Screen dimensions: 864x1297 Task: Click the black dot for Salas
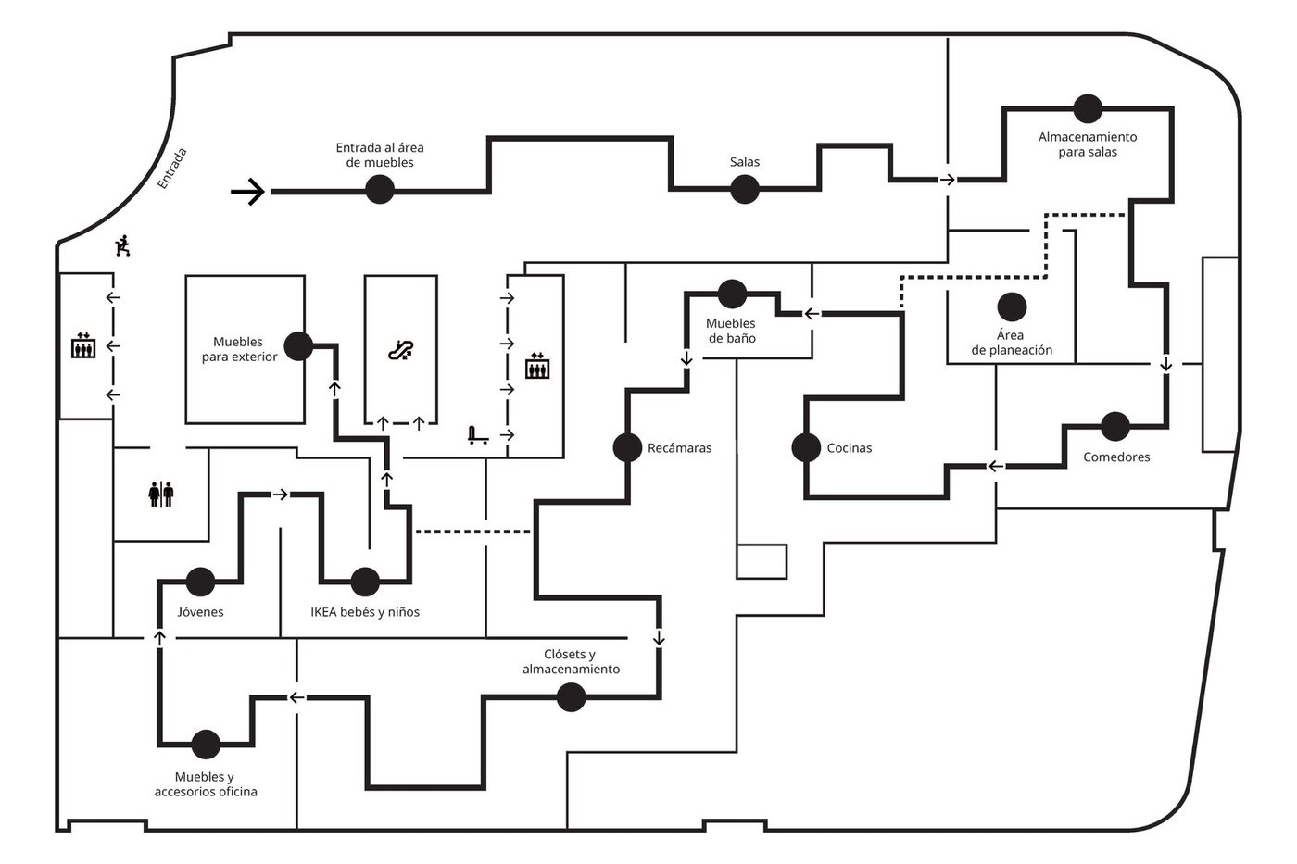[x=745, y=190]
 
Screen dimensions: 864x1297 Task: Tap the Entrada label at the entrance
[x=172, y=169]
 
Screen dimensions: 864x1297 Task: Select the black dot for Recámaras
[x=627, y=447]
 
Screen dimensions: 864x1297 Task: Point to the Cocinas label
[x=850, y=448]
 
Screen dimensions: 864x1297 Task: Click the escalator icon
[x=400, y=350]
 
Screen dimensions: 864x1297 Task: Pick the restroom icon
[x=160, y=494]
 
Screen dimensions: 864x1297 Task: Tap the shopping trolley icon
[x=478, y=434]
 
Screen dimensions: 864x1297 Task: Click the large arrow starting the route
[x=247, y=192]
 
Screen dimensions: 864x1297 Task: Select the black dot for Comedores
[x=1115, y=427]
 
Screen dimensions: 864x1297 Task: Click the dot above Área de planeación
[x=1012, y=307]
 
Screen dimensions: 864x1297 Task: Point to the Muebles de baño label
[x=731, y=331]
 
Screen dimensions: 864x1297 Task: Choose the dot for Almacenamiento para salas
[x=1088, y=108]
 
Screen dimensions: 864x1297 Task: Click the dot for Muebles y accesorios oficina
[x=206, y=744]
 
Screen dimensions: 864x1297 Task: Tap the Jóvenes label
[x=200, y=612]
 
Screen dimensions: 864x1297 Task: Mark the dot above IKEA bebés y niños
[x=365, y=582]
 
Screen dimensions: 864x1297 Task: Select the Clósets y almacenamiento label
[x=571, y=662]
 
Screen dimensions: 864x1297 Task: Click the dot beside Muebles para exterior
[x=297, y=346]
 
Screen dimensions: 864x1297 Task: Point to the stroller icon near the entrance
[x=120, y=246]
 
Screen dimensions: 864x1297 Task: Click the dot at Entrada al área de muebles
[x=380, y=190]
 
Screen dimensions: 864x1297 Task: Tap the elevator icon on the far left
[x=83, y=346]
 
